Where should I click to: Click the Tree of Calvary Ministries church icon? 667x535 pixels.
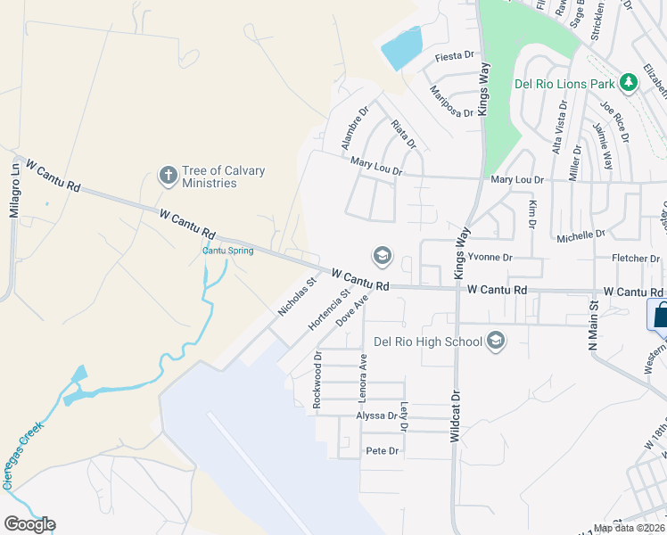[x=167, y=176]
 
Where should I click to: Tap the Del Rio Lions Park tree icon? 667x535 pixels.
[x=630, y=83]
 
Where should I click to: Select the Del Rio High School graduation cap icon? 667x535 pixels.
[x=497, y=341]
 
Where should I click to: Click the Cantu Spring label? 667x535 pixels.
[x=227, y=251]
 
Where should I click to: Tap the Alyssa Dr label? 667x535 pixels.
[x=376, y=416]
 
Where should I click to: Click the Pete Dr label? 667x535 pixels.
[x=382, y=451]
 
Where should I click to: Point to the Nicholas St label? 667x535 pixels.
[x=297, y=297]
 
